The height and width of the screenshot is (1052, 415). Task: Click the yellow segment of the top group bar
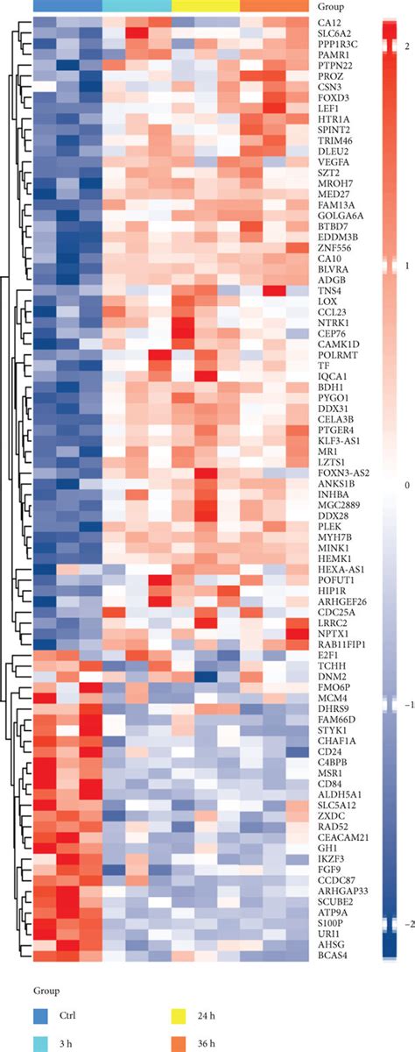[x=206, y=5]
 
